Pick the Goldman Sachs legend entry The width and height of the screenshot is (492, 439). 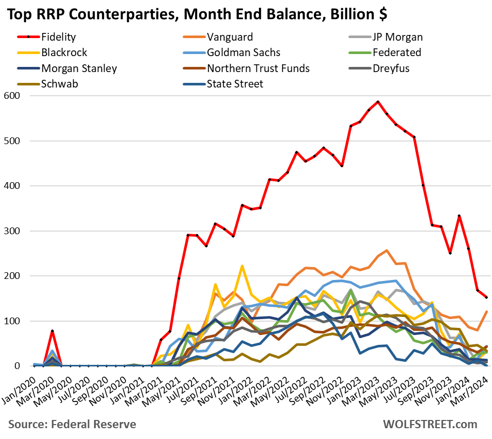click(243, 52)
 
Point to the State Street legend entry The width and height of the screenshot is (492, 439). click(235, 83)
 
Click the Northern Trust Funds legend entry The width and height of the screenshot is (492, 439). click(258, 68)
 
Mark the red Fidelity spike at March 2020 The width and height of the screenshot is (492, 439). click(52, 331)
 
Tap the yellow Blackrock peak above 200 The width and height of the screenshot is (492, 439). click(242, 266)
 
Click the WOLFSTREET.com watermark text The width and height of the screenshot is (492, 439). click(430, 424)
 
